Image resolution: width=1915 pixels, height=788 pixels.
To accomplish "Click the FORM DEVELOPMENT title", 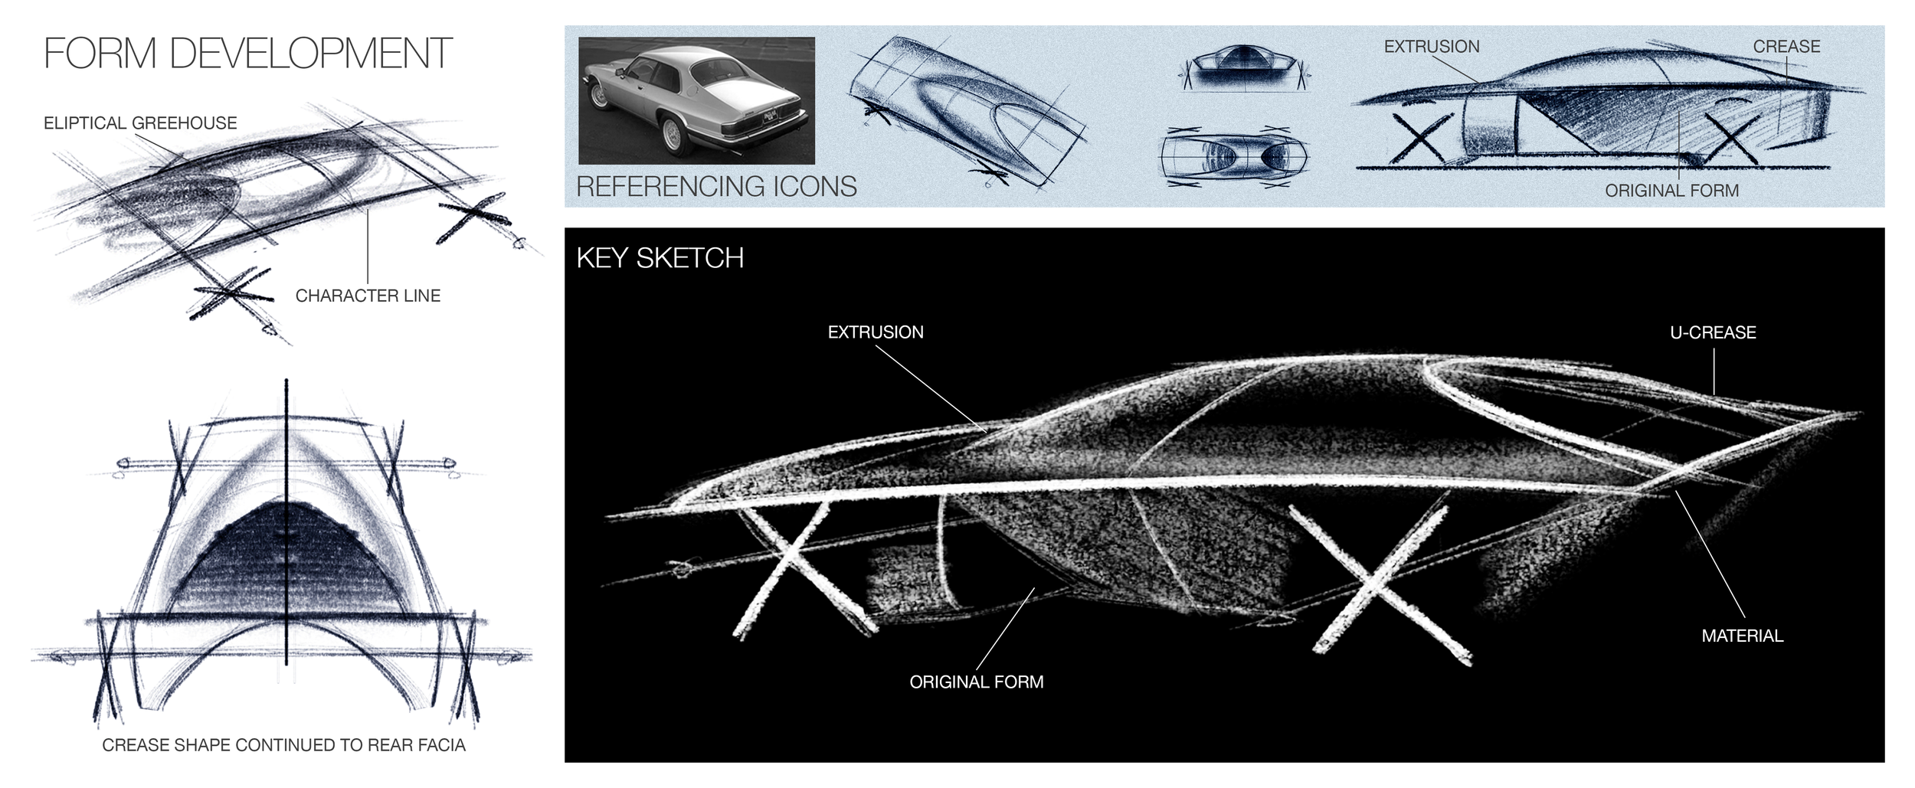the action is [x=247, y=54].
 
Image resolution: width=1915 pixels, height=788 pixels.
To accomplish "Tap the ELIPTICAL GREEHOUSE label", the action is [x=140, y=123].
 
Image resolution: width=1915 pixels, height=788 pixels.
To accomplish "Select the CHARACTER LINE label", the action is [x=368, y=296].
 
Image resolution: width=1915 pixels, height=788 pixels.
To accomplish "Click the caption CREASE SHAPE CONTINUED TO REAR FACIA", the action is [x=283, y=745].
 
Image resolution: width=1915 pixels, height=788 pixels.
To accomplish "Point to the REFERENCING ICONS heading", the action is [x=716, y=186].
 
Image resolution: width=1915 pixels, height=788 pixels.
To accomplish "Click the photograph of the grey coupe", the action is [x=696, y=100].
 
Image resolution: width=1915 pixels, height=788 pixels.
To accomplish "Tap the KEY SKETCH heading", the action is [x=660, y=258].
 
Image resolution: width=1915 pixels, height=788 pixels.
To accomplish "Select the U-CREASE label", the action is [x=1713, y=332].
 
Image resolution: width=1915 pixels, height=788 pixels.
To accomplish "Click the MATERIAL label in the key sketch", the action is [x=1742, y=636].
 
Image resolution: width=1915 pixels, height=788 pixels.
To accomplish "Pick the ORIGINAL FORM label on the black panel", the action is [x=976, y=682].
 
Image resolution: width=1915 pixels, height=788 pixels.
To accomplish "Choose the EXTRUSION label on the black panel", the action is [x=876, y=332].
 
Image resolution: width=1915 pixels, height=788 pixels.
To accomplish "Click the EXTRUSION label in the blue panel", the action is [x=1431, y=47].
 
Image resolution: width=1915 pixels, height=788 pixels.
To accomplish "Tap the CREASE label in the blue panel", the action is [x=1786, y=47].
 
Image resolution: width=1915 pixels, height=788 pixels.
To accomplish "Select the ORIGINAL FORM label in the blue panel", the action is [x=1671, y=191].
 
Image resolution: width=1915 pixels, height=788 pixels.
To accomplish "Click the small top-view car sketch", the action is [x=1234, y=158].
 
